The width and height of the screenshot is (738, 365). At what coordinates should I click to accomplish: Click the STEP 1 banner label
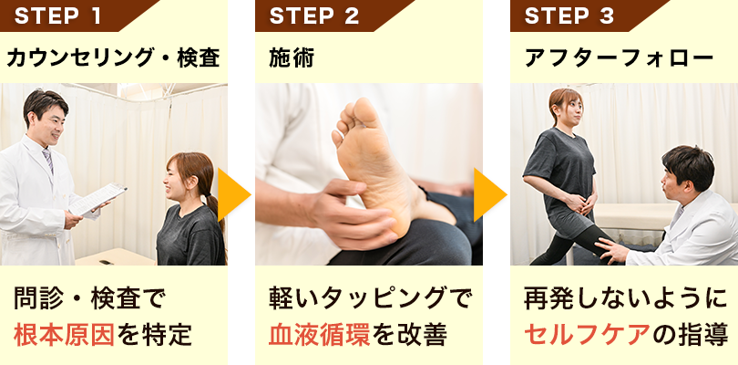tap(59, 16)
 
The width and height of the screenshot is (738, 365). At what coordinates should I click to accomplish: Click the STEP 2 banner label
tap(314, 16)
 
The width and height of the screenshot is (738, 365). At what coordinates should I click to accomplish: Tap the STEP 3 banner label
tap(569, 16)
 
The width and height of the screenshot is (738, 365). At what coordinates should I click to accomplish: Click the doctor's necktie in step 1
tap(47, 161)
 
